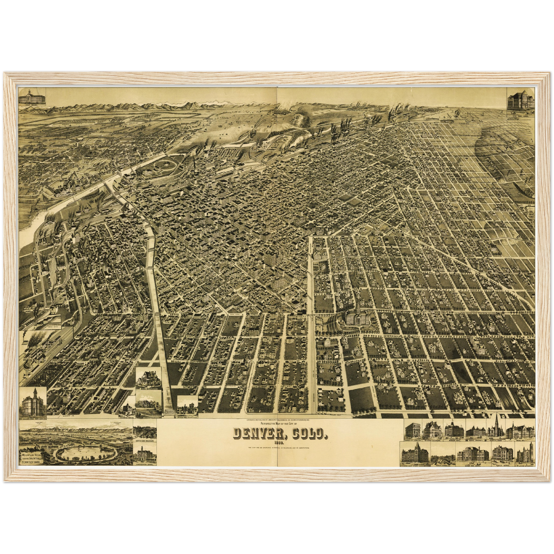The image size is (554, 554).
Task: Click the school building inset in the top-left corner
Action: tap(32, 97)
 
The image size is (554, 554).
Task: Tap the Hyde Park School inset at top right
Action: tap(520, 100)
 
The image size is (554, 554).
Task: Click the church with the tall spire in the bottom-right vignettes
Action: tap(497, 428)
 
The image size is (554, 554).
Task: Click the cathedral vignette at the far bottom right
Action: tap(524, 454)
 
